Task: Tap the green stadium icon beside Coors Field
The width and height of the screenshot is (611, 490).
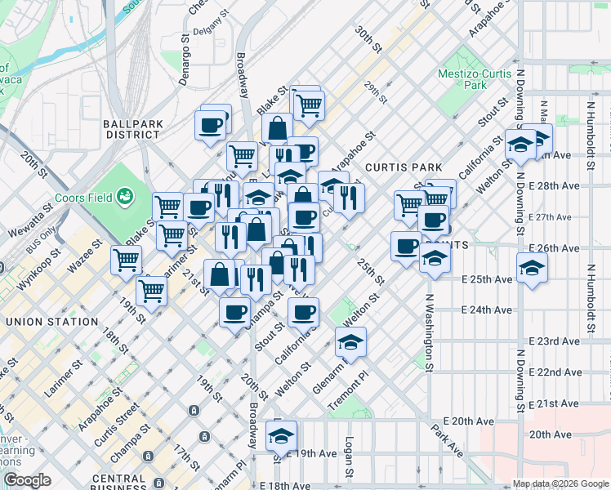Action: (125, 196)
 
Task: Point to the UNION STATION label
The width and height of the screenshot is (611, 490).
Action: (51, 322)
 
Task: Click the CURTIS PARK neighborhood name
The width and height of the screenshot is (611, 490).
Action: (404, 167)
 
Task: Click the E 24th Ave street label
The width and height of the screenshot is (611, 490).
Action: (486, 310)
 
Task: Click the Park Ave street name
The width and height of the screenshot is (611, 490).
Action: (448, 439)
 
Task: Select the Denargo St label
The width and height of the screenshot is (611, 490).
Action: (185, 58)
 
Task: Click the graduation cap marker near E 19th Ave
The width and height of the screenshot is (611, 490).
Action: (281, 436)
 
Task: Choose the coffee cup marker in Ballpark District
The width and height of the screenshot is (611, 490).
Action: (210, 126)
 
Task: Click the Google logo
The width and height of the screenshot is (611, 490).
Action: (26, 480)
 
